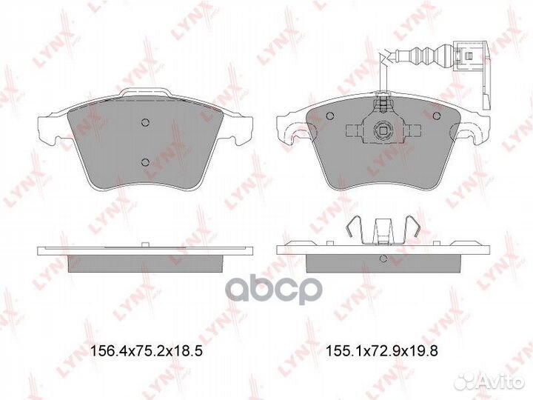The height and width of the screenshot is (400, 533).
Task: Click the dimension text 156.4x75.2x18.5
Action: pyautogui.click(x=145, y=353)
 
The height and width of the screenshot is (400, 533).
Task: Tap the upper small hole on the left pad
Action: pyautogui.click(x=146, y=123)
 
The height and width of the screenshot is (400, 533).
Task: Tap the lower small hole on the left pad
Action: pyautogui.click(x=146, y=162)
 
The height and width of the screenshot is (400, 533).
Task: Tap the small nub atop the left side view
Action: pyautogui.click(x=146, y=244)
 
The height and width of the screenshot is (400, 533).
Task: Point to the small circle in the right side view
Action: pyautogui.click(x=382, y=259)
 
